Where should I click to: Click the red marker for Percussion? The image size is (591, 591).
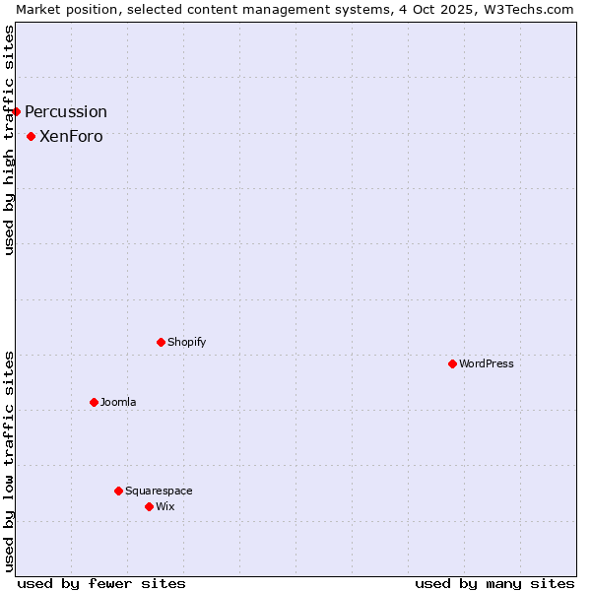click(x=17, y=111)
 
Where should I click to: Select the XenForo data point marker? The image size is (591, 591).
click(x=32, y=136)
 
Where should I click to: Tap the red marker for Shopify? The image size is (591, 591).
click(x=161, y=342)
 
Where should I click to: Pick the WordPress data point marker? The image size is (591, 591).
click(x=452, y=363)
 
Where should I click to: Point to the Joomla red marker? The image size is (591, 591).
click(x=94, y=402)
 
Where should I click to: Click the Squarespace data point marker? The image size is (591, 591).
click(x=118, y=491)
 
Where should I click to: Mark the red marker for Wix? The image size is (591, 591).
click(x=149, y=506)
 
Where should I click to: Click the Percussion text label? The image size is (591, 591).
click(x=66, y=111)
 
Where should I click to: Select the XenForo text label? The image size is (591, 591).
click(x=71, y=136)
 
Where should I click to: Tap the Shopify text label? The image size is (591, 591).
click(x=187, y=342)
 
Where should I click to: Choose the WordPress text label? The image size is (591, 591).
click(x=487, y=363)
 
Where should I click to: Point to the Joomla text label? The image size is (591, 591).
click(x=118, y=402)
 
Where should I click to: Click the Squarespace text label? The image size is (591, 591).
click(x=159, y=491)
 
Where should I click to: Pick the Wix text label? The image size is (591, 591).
click(x=164, y=506)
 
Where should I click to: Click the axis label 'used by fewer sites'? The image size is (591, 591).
click(x=101, y=583)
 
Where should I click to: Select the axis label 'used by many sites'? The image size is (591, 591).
click(x=494, y=583)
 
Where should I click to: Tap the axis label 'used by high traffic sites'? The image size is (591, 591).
click(x=9, y=140)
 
